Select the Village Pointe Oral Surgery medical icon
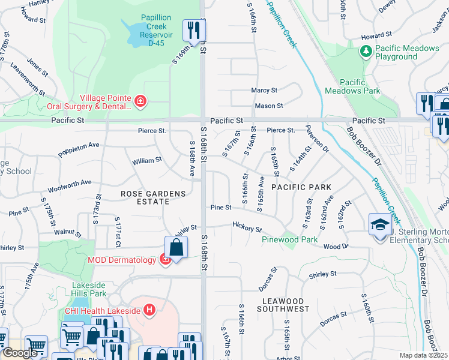point(140,101)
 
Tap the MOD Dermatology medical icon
point(164,259)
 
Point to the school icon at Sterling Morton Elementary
point(379,226)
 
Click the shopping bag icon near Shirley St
point(176,246)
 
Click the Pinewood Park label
point(289,239)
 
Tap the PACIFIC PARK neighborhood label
point(301,187)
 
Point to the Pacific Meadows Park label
point(352,86)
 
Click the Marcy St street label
point(264,91)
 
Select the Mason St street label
point(268,106)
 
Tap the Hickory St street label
point(247,227)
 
